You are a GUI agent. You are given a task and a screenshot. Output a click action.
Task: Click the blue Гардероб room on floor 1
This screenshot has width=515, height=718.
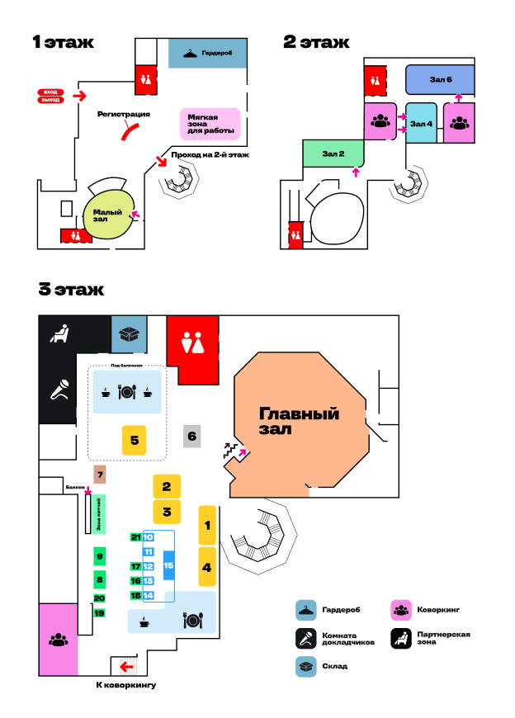(x=207, y=53)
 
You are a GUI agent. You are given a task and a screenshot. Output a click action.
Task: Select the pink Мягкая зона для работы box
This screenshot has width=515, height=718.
(x=210, y=125)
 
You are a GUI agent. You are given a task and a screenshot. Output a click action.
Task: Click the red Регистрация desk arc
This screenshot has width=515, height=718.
(x=129, y=129)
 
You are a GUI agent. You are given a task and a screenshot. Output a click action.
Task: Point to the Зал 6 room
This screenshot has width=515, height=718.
(x=440, y=80)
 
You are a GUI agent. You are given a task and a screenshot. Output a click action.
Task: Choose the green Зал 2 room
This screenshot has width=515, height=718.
(x=333, y=153)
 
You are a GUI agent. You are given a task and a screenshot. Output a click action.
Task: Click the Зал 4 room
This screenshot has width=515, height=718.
(x=421, y=124)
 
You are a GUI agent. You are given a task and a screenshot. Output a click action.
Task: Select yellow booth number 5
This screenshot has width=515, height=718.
(x=134, y=441)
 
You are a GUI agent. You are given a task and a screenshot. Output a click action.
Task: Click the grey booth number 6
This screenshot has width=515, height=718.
(x=191, y=436)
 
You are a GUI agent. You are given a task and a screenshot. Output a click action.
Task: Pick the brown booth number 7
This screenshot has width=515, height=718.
(x=99, y=475)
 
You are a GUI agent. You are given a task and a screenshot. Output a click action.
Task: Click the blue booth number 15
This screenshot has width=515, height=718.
(x=168, y=565)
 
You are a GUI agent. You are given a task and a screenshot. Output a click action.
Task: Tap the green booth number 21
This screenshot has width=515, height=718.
(x=135, y=537)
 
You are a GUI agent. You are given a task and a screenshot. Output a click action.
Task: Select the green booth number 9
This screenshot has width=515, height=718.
(x=99, y=557)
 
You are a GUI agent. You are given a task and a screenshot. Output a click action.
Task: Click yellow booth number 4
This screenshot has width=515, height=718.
(x=207, y=567)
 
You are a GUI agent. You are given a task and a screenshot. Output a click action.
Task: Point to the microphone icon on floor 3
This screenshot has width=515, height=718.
(x=59, y=389)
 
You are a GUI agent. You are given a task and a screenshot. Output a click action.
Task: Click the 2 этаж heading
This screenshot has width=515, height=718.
(x=316, y=42)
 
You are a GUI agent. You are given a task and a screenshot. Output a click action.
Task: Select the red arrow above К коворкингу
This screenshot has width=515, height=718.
(x=127, y=666)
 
